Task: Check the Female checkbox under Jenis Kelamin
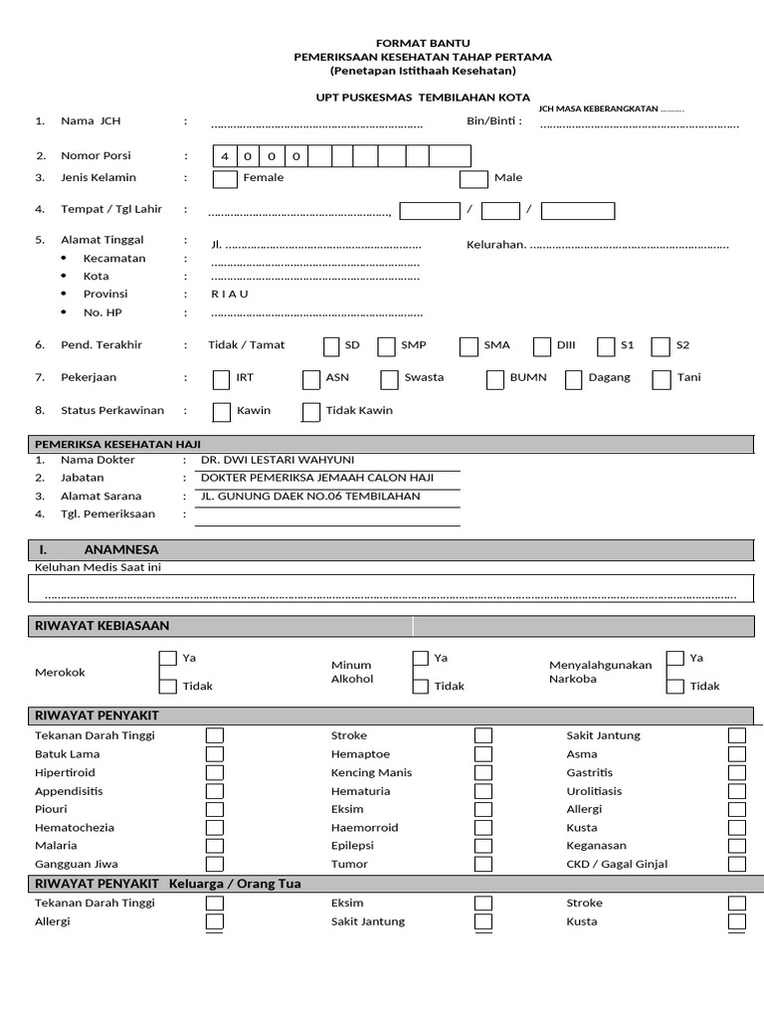226,179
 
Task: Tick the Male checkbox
473,179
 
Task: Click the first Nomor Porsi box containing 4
225,156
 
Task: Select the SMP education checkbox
386,346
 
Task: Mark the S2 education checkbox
661,346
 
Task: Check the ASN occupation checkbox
311,379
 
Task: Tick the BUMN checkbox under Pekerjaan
494,379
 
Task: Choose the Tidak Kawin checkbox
311,412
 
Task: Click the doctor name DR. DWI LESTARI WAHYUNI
277,461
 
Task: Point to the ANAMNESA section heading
121,549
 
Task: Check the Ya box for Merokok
168,659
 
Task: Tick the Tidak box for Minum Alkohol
421,686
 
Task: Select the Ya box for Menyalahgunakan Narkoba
675,658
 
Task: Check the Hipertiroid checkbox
215,773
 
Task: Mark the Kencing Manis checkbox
483,773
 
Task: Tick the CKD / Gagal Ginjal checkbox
737,864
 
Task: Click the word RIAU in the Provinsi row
230,295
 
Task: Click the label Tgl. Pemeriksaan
107,514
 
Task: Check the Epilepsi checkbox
483,846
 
